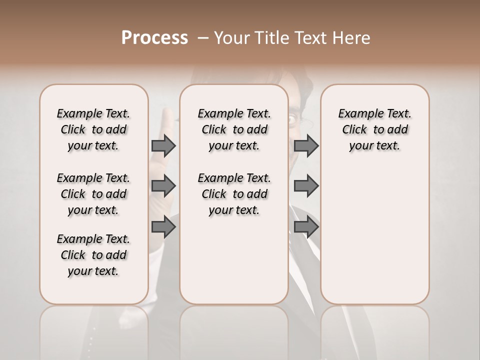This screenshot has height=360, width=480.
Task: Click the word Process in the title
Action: (x=154, y=38)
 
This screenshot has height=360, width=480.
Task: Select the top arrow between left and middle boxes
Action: (x=163, y=145)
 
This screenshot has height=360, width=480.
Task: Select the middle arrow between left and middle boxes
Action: (x=163, y=186)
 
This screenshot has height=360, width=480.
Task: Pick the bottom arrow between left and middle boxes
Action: (x=163, y=227)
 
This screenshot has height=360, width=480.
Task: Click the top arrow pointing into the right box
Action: (x=306, y=145)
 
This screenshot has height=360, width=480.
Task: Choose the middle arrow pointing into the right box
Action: (x=306, y=186)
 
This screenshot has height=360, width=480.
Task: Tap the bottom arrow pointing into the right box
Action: (x=306, y=227)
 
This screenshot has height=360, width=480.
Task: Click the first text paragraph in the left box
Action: (x=93, y=129)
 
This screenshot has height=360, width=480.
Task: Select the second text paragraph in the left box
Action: (x=93, y=194)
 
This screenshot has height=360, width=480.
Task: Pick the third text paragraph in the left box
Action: (x=93, y=255)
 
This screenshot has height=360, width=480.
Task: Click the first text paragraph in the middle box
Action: (x=234, y=129)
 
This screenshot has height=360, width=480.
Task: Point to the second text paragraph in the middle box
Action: (x=234, y=194)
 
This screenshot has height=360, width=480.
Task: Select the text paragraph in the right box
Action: (x=374, y=129)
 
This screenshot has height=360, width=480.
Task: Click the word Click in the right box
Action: (x=354, y=129)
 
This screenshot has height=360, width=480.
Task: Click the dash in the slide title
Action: (x=203, y=38)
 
